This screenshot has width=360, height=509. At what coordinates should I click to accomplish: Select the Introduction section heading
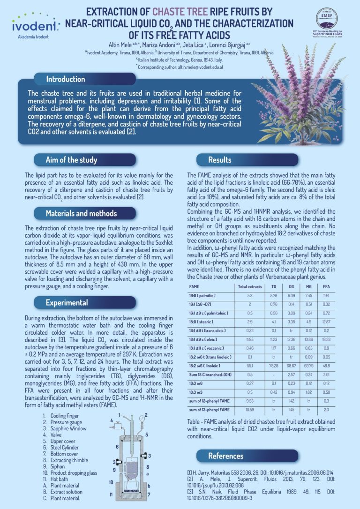pyautogui.click(x=65, y=79)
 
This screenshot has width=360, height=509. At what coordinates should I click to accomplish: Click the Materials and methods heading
pyautogui.click(x=81, y=213)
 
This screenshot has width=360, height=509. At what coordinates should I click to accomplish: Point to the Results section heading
pyautogui.click(x=220, y=160)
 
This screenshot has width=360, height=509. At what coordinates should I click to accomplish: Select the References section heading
pyautogui.click(x=225, y=456)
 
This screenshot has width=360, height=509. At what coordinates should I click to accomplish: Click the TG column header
pyautogui.click(x=274, y=286)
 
